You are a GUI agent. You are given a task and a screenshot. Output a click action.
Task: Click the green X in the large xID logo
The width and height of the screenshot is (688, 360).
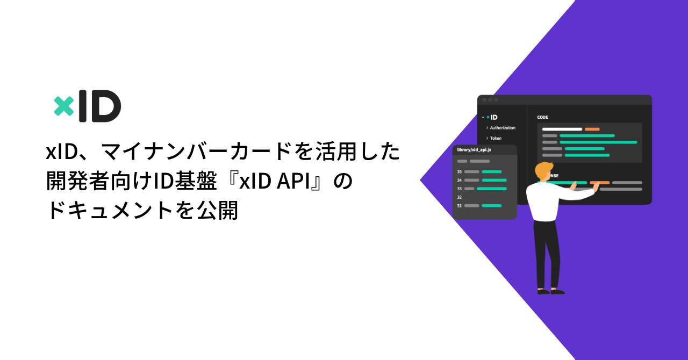[x=64, y=106]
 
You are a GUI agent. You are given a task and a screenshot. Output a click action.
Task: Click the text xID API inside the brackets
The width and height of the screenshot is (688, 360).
[x=279, y=182]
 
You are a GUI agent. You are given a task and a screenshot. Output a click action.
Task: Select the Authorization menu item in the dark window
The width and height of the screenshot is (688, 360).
[x=503, y=128]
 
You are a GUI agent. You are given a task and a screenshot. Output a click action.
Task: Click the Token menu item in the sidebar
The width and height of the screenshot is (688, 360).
[x=496, y=138]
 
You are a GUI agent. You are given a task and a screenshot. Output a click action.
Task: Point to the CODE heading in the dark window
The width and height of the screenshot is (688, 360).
[x=542, y=117]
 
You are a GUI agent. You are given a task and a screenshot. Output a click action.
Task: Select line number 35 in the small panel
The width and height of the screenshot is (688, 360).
[x=460, y=172]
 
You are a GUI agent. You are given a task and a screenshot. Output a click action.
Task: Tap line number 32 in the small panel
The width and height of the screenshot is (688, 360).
[x=460, y=197]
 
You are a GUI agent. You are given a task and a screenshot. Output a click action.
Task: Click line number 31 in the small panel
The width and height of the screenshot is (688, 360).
[x=460, y=206]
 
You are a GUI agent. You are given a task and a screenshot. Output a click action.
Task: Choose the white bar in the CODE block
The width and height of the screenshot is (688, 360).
[x=562, y=129]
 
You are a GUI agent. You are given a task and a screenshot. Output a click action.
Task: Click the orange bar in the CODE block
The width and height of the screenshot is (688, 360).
[x=592, y=129]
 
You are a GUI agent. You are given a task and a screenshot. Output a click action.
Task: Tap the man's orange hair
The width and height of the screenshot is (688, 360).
[x=544, y=169]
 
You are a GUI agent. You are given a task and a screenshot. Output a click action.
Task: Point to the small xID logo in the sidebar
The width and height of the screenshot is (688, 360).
[x=491, y=117]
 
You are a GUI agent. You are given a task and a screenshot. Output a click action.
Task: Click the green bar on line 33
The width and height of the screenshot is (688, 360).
[x=491, y=189]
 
